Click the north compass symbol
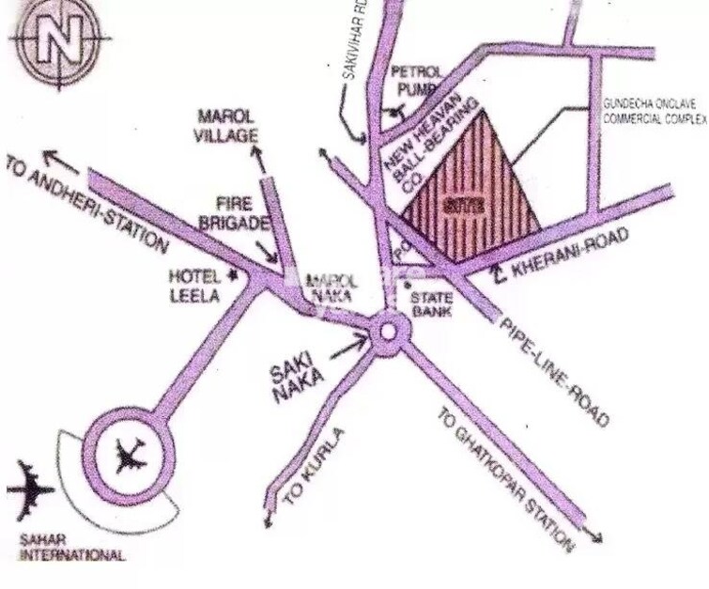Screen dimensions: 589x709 (x=58, y=42)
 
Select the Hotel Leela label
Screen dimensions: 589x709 (x=194, y=286)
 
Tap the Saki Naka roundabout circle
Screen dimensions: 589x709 (x=386, y=333)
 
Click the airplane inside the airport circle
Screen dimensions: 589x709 (x=128, y=457)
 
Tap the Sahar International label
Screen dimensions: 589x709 (x=70, y=548)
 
